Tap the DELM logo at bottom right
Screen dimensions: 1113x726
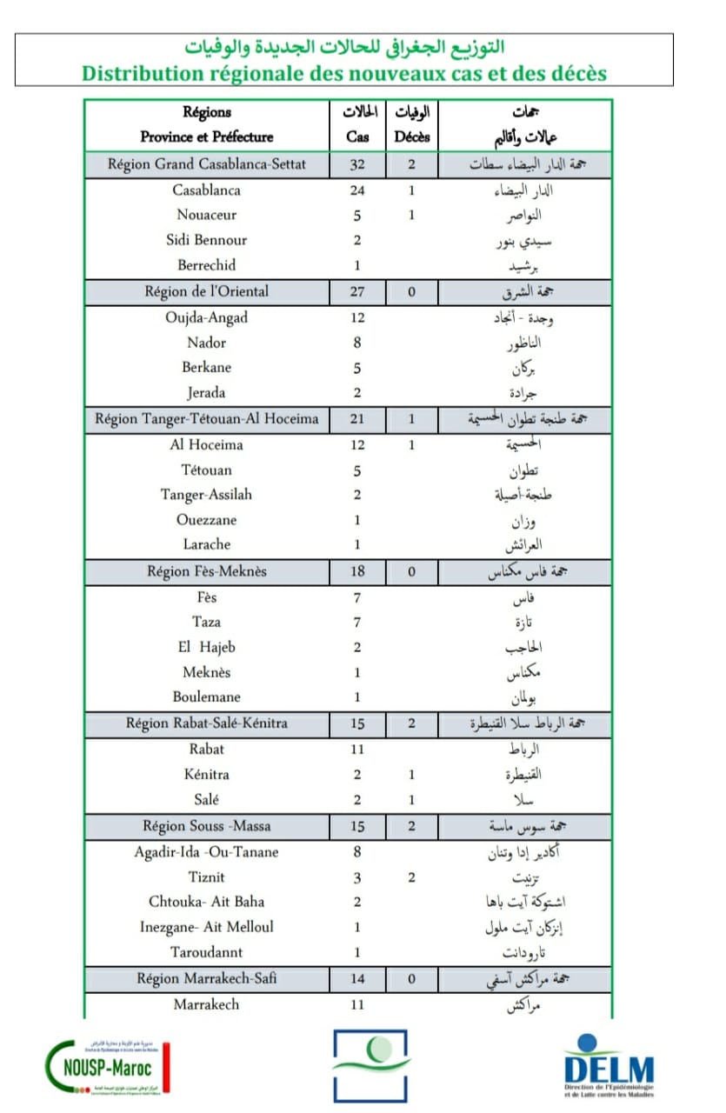609,1065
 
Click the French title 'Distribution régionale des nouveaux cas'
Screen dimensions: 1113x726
344,73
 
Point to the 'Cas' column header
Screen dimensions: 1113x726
357,137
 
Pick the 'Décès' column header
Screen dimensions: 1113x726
412,137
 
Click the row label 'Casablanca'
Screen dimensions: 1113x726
207,190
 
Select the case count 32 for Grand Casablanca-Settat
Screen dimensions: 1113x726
357,164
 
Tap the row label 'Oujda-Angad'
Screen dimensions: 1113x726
207,317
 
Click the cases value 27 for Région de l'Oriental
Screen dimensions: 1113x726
357,291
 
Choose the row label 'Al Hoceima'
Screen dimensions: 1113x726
207,444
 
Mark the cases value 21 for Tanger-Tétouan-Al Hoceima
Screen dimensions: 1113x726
357,419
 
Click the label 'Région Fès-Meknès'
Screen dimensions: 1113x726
207,571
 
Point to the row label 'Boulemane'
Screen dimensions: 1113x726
207,696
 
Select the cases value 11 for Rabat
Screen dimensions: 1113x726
357,749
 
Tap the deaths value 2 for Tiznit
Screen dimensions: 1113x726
411,877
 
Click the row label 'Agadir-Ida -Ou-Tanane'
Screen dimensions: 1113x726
207,852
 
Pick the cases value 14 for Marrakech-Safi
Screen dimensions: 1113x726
357,978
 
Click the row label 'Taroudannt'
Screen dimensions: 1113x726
207,952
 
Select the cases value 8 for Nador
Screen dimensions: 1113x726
357,343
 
